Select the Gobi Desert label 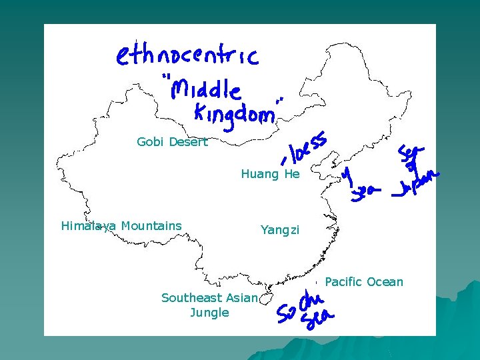tap(172, 142)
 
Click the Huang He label tap(270, 174)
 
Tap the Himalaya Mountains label tap(121, 226)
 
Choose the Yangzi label tap(280, 230)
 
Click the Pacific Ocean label tap(364, 282)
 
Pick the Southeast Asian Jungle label tap(209, 305)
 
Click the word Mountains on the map tap(151, 226)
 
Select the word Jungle tap(209, 313)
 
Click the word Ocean tap(385, 282)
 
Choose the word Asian tap(241, 298)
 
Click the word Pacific tap(343, 282)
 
